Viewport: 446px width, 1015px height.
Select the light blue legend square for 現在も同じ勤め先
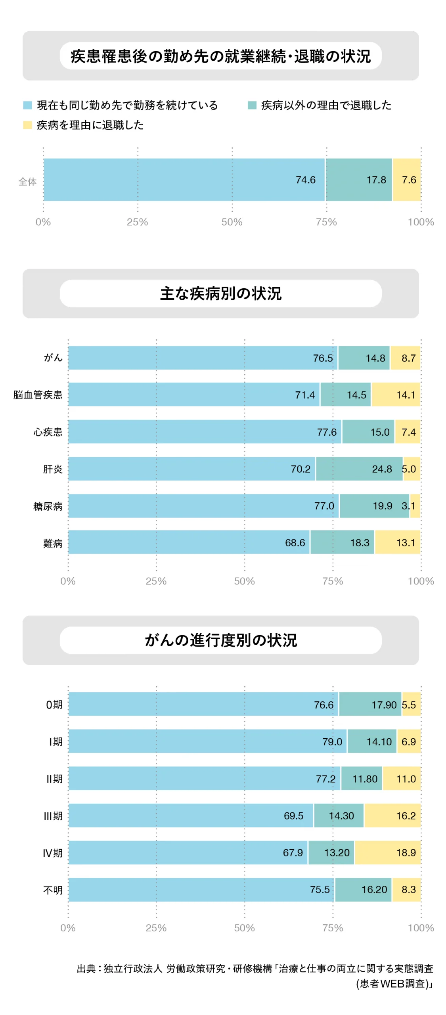pyautogui.click(x=27, y=105)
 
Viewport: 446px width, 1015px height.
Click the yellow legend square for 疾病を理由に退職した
pyautogui.click(x=27, y=125)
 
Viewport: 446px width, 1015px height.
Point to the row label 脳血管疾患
pyautogui.click(x=38, y=395)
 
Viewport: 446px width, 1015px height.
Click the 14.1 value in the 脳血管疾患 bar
pyautogui.click(x=405, y=395)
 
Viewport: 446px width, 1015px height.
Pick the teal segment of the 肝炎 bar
pyautogui.click(x=359, y=469)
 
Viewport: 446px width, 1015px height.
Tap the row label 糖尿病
pyautogui.click(x=48, y=506)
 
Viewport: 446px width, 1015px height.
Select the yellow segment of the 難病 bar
pyautogui.click(x=397, y=542)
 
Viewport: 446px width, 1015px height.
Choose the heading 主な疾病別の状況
pyautogui.click(x=220, y=293)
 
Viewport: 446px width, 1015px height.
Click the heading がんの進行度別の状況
pyautogui.click(x=220, y=640)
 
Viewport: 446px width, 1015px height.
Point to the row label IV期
pyautogui.click(x=52, y=852)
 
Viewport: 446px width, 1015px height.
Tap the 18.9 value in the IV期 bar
pyautogui.click(x=406, y=852)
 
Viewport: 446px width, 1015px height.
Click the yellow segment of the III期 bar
pyautogui.click(x=392, y=815)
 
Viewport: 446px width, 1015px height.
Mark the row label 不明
pyautogui.click(x=53, y=890)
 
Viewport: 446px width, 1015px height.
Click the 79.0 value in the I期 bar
pyautogui.click(x=332, y=741)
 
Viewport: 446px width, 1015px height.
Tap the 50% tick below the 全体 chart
pyautogui.click(x=232, y=222)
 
